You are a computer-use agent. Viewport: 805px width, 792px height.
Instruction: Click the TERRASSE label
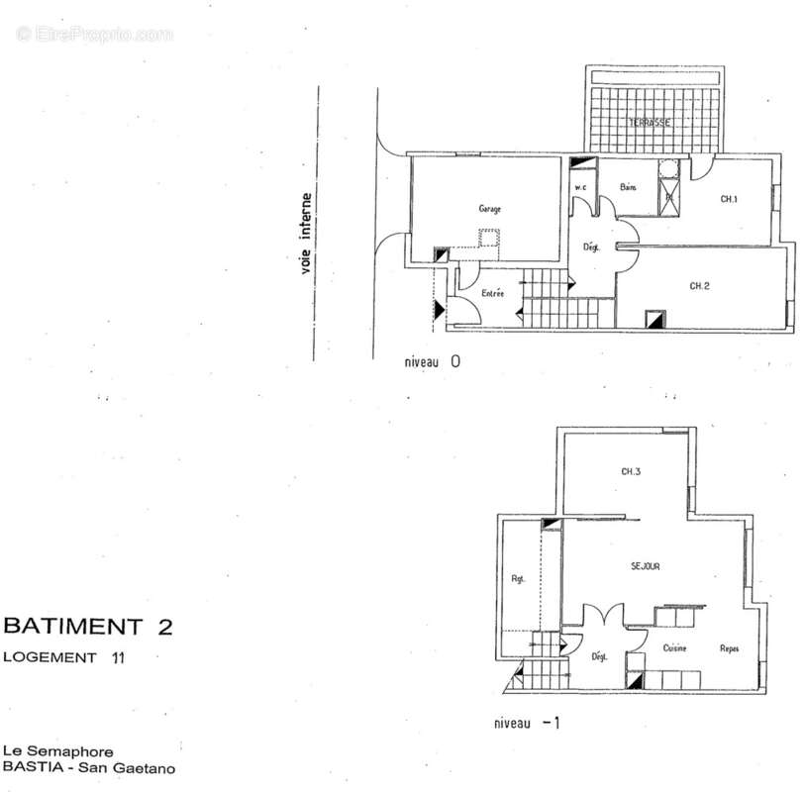click(x=652, y=123)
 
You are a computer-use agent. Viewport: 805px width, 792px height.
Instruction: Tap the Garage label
click(x=489, y=209)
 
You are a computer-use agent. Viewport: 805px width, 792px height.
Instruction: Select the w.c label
click(x=582, y=188)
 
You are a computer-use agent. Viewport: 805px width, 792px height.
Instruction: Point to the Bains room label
click(x=628, y=187)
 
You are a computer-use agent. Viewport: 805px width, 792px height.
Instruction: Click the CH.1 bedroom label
click(x=730, y=199)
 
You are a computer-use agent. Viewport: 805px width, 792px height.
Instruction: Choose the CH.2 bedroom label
click(x=700, y=286)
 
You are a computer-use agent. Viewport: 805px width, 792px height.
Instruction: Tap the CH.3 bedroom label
click(x=632, y=472)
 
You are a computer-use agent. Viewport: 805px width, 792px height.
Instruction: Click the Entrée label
click(x=492, y=294)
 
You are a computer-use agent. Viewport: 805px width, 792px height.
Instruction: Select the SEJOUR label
click(x=646, y=566)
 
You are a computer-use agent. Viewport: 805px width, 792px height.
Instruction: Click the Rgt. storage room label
click(x=517, y=580)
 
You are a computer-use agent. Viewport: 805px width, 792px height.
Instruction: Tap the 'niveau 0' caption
click(x=432, y=362)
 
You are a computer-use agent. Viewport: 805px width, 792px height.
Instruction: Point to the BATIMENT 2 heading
click(x=88, y=626)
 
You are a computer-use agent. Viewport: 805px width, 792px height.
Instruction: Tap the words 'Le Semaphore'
click(x=57, y=751)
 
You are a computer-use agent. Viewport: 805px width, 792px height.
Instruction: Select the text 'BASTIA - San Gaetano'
click(x=89, y=766)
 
